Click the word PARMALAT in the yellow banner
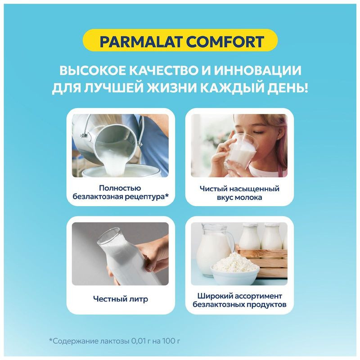click(x=138, y=42)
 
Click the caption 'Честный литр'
click(x=120, y=299)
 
